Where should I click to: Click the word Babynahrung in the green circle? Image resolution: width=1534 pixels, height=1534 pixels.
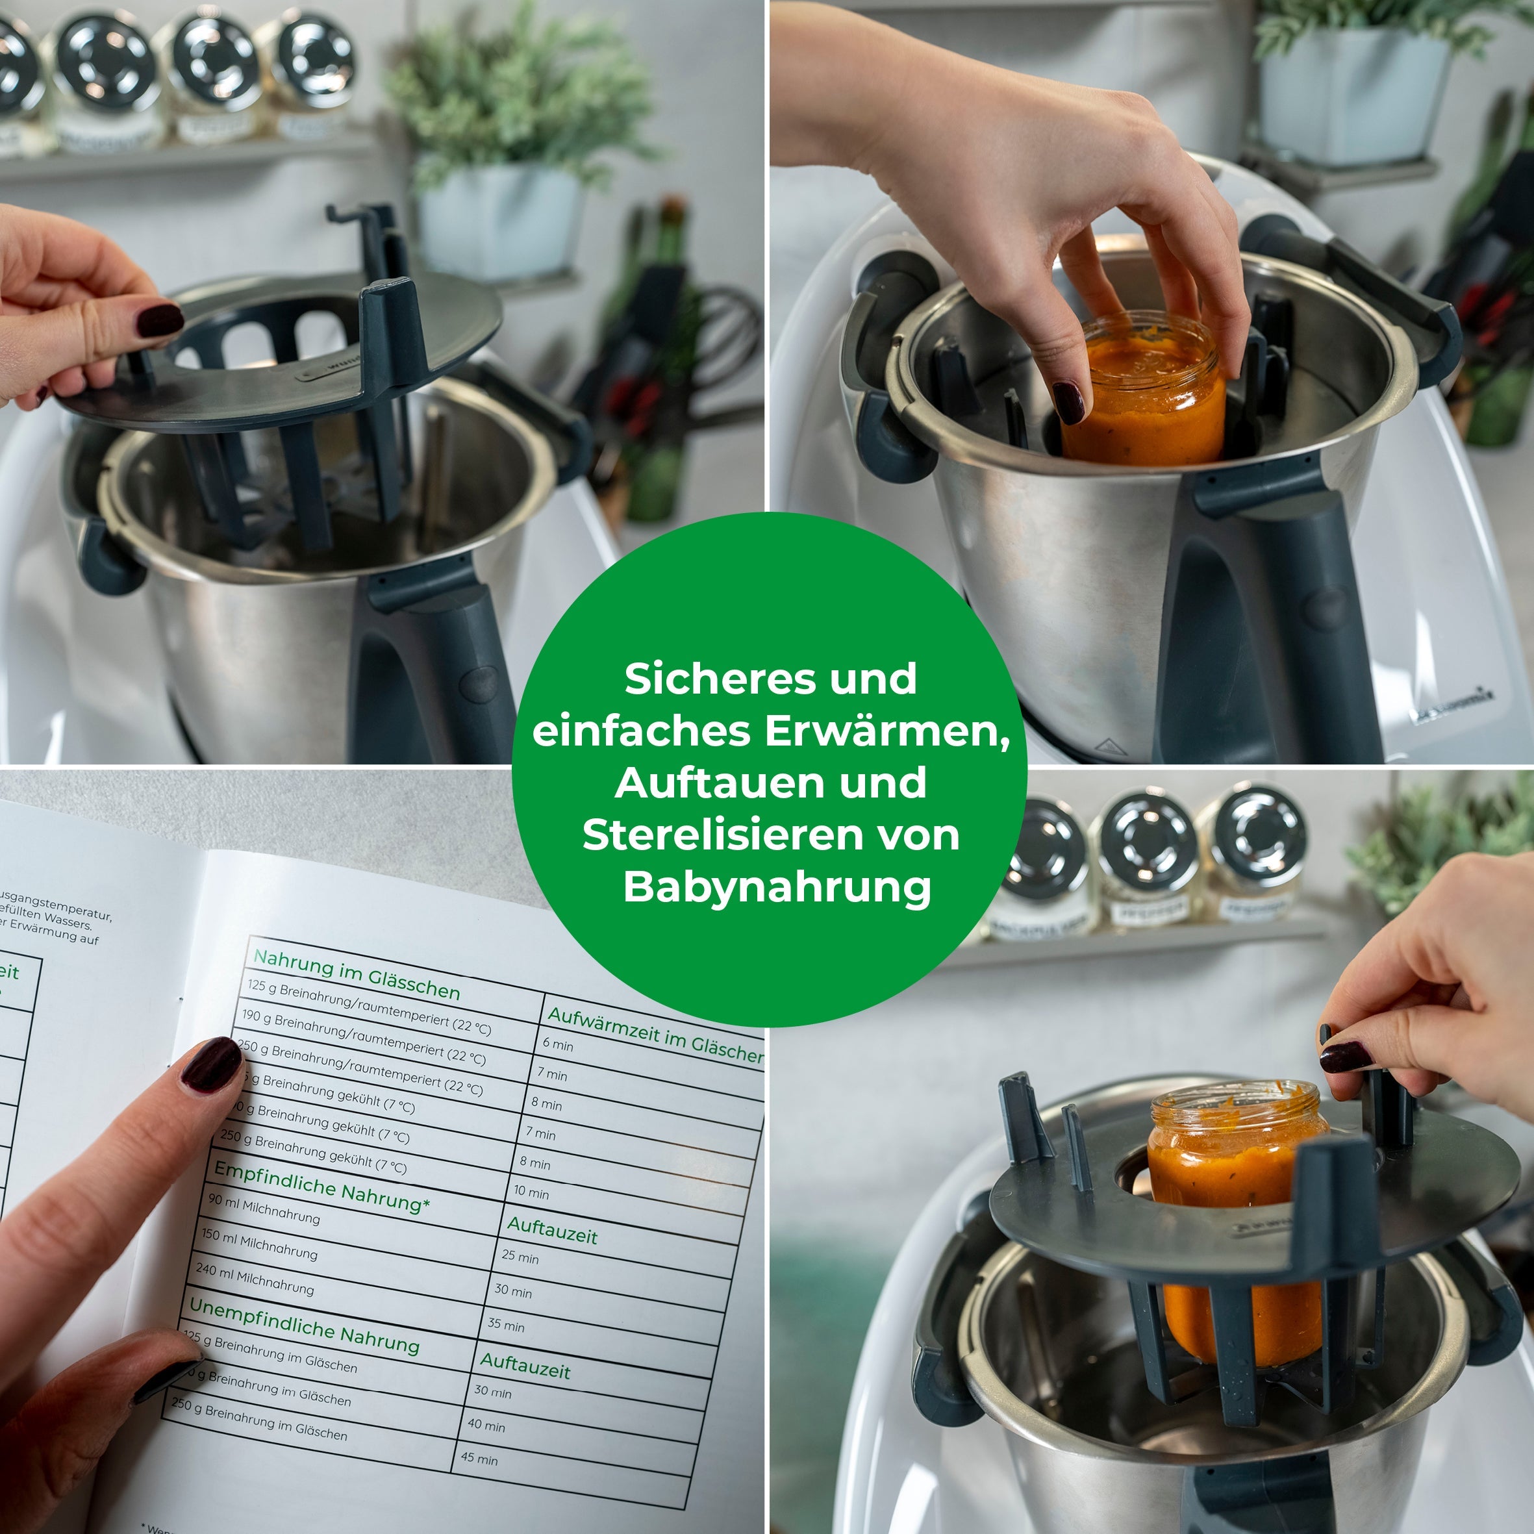pyautogui.click(x=777, y=887)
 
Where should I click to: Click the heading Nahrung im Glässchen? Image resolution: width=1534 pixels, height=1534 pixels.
pyautogui.click(x=357, y=974)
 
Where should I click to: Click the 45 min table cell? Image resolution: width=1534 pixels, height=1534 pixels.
pyautogui.click(x=479, y=1459)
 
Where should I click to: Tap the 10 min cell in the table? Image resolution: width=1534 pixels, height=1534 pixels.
pyautogui.click(x=531, y=1192)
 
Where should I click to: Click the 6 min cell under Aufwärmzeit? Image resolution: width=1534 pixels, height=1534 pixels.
pyautogui.click(x=557, y=1044)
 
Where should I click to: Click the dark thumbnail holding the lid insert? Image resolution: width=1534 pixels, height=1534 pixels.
pyautogui.click(x=160, y=319)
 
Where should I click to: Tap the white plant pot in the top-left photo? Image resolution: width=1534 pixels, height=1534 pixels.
pyautogui.click(x=499, y=222)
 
